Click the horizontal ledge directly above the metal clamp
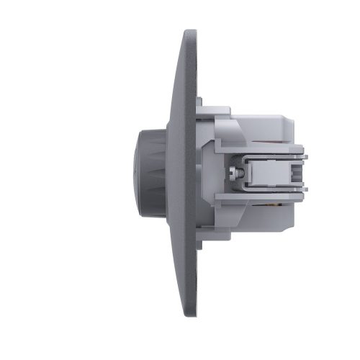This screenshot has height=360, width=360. point(270,148)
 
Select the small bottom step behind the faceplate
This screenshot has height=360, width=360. point(201,243)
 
